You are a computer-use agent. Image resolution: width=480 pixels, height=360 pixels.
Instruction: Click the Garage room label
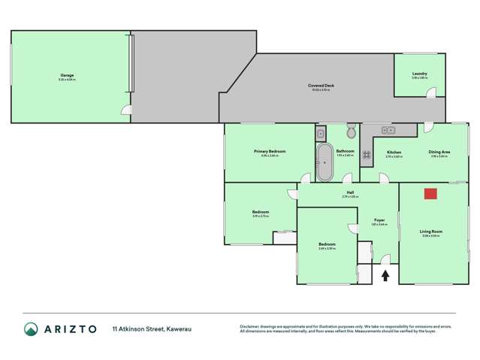coord(67,75)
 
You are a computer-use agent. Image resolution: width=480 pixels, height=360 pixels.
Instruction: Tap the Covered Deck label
coord(321,86)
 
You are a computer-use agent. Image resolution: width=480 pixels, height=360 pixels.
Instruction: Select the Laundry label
coord(419,74)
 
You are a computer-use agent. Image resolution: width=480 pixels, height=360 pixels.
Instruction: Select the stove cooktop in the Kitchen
coord(368,156)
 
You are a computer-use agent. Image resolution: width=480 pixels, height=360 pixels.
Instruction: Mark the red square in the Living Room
coord(430,194)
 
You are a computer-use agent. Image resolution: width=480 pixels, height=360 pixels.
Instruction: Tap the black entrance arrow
coord(385,275)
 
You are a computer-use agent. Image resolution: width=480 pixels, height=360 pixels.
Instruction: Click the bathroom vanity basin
coord(320,135)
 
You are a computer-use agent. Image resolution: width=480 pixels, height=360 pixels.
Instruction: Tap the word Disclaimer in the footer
coord(249,325)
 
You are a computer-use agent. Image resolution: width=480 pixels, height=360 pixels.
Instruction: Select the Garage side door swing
coord(128,112)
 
